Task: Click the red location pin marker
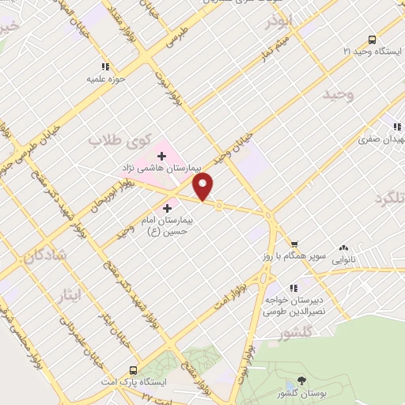pyautogui.click(x=204, y=186)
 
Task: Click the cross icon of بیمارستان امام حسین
pyautogui.click(x=167, y=206)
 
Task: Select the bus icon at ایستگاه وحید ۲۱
pyautogui.click(x=372, y=40)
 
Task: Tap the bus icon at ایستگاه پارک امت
pyautogui.click(x=132, y=369)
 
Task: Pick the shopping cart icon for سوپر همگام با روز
pyautogui.click(x=294, y=244)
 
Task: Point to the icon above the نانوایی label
pyautogui.click(x=343, y=248)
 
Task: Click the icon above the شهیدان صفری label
pyautogui.click(x=398, y=127)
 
